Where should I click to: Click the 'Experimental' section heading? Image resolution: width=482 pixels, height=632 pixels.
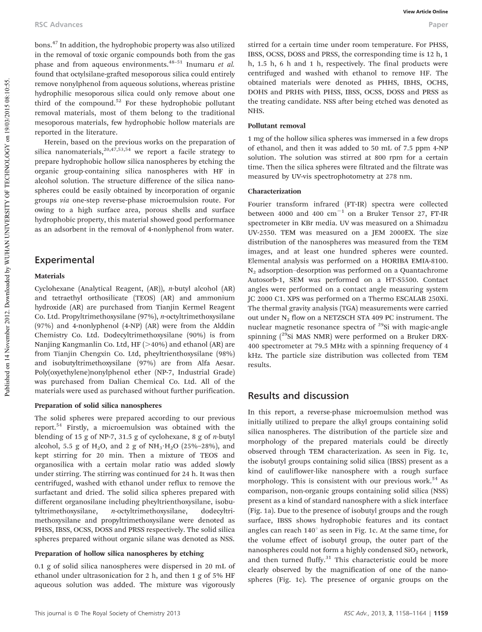pyautogui.click(x=64, y=260)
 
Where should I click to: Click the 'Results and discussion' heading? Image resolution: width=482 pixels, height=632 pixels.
pyautogui.click(x=298, y=395)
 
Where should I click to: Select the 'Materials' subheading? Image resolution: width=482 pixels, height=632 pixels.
pyautogui.click(x=50, y=276)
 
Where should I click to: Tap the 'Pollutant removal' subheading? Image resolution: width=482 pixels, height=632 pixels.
pyautogui.click(x=277, y=126)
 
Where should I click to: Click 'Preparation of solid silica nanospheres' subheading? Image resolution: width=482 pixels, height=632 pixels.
pyautogui.click(x=98, y=405)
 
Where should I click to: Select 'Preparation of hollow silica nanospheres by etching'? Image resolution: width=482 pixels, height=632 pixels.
pyautogui.click(x=119, y=553)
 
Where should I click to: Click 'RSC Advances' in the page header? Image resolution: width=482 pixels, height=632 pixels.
pyautogui.click(x=51, y=24)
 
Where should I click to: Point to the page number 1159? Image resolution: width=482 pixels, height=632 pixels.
pyautogui.click(x=440, y=613)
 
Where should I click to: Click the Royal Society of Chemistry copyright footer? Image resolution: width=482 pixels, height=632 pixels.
pyautogui.click(x=107, y=613)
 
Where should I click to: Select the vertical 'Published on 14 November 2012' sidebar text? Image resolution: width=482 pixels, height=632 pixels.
pyautogui.click(x=7, y=229)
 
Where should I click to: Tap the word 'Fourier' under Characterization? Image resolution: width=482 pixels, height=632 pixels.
pyautogui.click(x=259, y=203)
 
